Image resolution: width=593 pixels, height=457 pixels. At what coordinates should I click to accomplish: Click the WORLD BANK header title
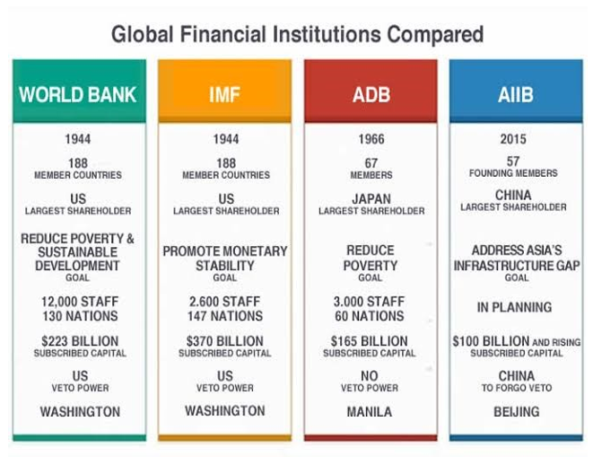[x=77, y=94]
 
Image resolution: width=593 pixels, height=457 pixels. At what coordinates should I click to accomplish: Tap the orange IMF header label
[x=224, y=94]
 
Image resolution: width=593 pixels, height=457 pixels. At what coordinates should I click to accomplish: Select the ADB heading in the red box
[x=371, y=94]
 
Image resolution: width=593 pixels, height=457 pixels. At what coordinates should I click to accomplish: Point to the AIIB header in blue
[x=516, y=94]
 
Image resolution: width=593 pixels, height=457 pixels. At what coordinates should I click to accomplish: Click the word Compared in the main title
[x=435, y=34]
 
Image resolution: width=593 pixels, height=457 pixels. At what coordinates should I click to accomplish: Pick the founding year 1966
[x=371, y=139]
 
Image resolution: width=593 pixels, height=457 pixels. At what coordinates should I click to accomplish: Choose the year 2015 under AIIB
[x=513, y=139]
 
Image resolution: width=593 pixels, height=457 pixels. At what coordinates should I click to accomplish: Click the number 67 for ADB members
[x=371, y=163]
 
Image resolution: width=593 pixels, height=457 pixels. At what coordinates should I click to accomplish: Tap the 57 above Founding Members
[x=513, y=162]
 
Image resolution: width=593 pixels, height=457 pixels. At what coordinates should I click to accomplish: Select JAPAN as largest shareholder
[x=371, y=198]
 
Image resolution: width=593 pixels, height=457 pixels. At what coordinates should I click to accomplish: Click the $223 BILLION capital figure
[x=80, y=341]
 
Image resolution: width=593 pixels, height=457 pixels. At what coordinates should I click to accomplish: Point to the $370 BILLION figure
[x=225, y=341]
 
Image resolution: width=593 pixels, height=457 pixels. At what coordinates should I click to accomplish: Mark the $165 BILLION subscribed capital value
[x=370, y=341]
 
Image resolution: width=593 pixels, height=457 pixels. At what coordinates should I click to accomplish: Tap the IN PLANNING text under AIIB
[x=514, y=307]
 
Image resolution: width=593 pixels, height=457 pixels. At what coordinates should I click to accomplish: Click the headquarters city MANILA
[x=370, y=411]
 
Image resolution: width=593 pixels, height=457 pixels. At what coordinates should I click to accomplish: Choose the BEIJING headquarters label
[x=517, y=411]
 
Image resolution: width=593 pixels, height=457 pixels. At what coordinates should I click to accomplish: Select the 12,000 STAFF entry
[x=80, y=302]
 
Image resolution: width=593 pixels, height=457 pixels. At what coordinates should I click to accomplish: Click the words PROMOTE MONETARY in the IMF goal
[x=225, y=251]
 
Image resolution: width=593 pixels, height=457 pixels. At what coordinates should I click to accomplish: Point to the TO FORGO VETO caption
[x=517, y=388]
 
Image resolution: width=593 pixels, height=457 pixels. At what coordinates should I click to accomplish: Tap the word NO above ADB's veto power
[x=370, y=376]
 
